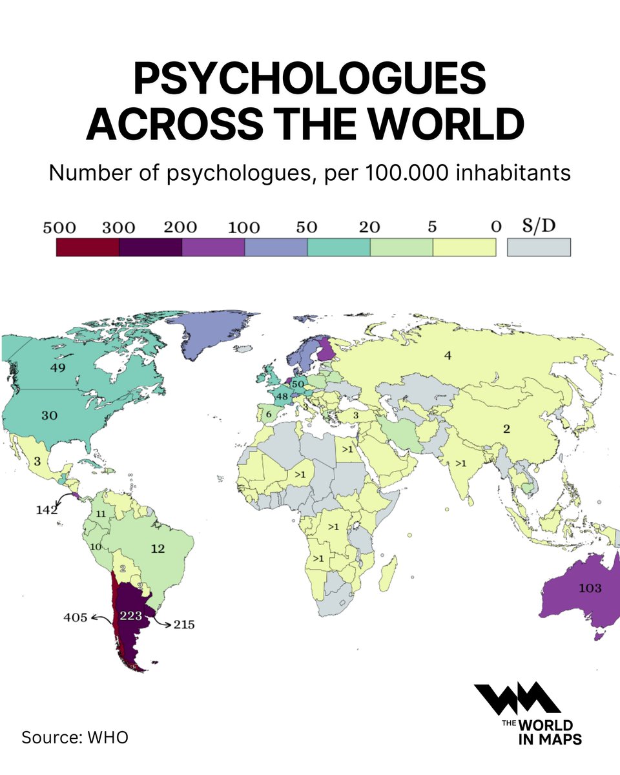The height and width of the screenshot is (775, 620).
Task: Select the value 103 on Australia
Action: point(590,588)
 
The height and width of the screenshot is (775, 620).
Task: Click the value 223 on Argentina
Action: point(131,616)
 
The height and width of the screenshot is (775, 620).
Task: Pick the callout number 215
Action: point(183,625)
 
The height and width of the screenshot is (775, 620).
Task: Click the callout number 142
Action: point(46,510)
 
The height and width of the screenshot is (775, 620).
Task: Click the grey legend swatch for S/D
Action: point(539,247)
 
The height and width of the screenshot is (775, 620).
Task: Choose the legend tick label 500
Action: point(59,227)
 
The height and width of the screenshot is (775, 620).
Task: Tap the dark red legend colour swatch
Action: point(87,247)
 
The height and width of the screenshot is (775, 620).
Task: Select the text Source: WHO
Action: point(75,737)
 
